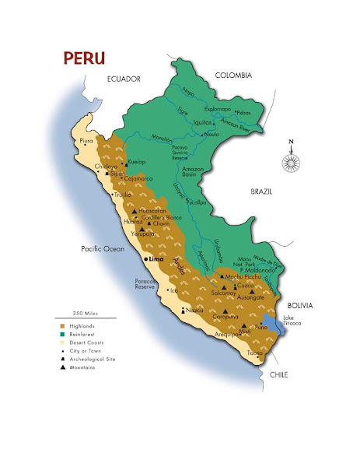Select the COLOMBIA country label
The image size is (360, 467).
tap(233, 75)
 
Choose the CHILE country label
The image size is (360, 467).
tap(278, 374)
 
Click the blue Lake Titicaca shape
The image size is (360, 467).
tap(269, 324)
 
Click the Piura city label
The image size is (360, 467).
tap(86, 141)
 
